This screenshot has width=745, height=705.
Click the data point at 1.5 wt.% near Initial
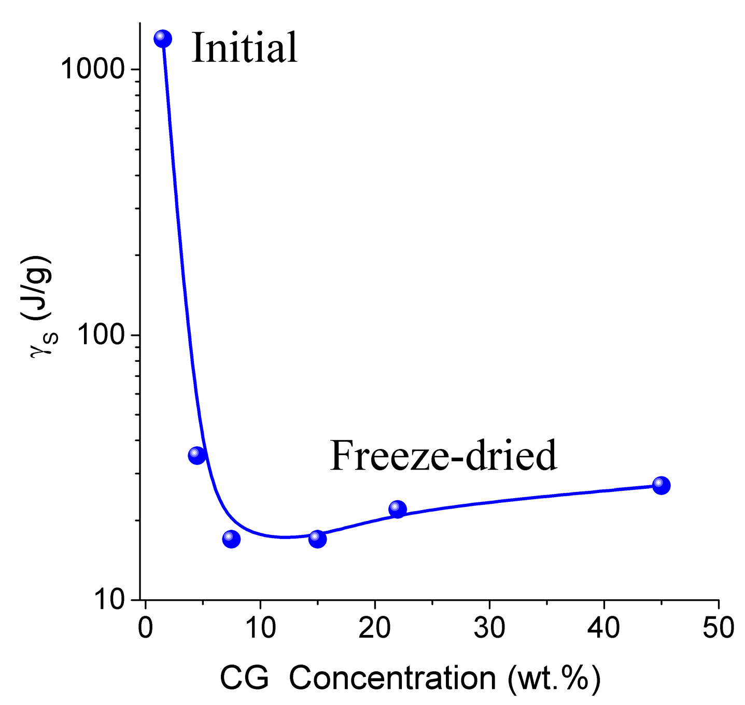[x=163, y=38]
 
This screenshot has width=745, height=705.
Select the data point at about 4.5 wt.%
[x=197, y=455]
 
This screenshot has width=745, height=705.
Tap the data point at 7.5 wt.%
[x=231, y=539]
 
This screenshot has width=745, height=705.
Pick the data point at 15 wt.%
[x=317, y=539]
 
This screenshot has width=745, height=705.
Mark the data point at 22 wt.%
[x=397, y=510]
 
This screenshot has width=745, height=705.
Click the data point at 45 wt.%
[x=661, y=486]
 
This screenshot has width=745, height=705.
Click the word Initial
[x=245, y=48]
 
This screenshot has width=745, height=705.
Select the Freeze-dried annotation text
[x=443, y=456]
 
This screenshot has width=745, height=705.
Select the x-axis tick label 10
[x=260, y=628]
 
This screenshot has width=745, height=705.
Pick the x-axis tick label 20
[x=374, y=628]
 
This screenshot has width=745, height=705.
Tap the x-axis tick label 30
[x=489, y=628]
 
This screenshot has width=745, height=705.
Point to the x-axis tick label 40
[x=603, y=628]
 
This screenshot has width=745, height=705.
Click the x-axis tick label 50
[x=718, y=628]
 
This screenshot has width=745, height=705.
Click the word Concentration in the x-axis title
[x=392, y=678]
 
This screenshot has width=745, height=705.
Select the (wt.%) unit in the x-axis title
[x=554, y=678]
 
